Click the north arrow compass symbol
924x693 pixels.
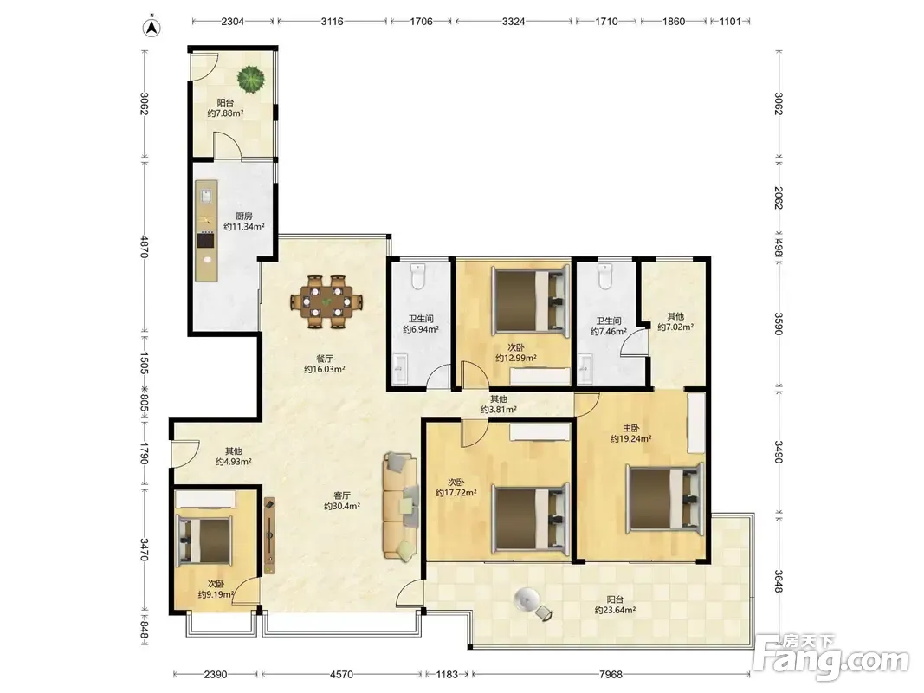tap(152, 27)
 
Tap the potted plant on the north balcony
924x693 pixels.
tap(251, 78)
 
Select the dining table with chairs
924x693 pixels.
tap(326, 301)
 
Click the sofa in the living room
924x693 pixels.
tap(400, 505)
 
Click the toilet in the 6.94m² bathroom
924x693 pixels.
tap(417, 276)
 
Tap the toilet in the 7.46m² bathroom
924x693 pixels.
tap(605, 276)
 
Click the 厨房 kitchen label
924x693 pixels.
tap(243, 217)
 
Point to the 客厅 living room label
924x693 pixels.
tap(342, 495)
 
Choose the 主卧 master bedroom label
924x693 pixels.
tap(630, 429)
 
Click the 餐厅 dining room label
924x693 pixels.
tap(325, 359)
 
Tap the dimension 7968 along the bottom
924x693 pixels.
tap(611, 674)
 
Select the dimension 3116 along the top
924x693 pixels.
tap(332, 21)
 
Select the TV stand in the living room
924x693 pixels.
tap(269, 535)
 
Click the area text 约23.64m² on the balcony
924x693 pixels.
tap(615, 611)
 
